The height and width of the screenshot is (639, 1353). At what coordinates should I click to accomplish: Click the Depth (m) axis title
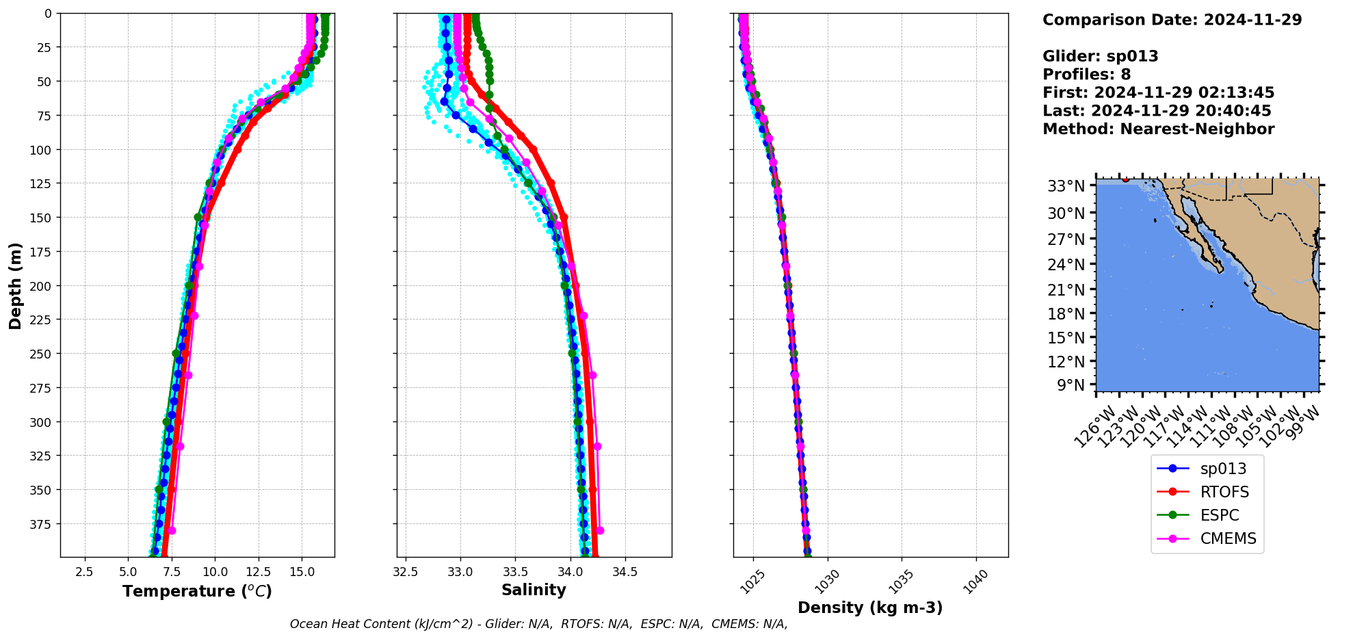coord(15,285)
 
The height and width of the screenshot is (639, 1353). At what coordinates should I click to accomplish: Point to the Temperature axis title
coord(197,591)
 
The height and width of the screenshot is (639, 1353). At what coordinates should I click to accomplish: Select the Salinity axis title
coord(534,590)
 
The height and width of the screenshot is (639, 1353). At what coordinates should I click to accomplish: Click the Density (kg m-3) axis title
coord(870,608)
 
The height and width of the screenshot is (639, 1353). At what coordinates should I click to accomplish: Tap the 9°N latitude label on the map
coord(1070,385)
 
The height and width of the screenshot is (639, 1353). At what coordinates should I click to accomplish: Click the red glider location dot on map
coord(1125,179)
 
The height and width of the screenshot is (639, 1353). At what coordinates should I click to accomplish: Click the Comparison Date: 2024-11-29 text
coord(1172,20)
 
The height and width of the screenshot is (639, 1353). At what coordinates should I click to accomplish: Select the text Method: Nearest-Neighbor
coord(1158,129)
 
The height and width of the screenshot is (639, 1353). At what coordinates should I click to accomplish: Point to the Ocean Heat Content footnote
coord(538,624)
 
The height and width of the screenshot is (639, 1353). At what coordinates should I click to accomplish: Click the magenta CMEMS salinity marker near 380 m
coord(600,530)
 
